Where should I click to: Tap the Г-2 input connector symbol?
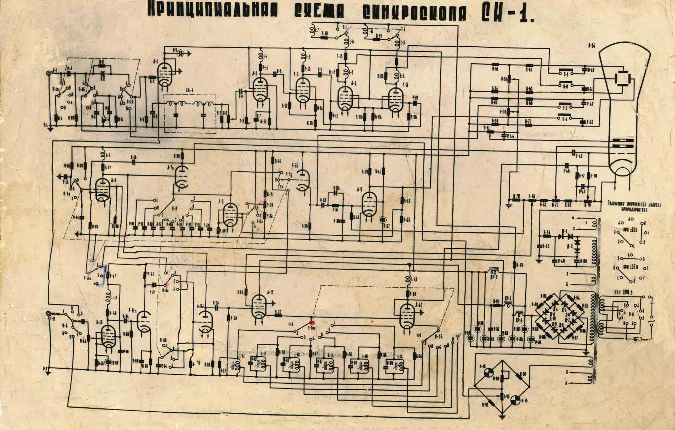pyautogui.click(x=49, y=314)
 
